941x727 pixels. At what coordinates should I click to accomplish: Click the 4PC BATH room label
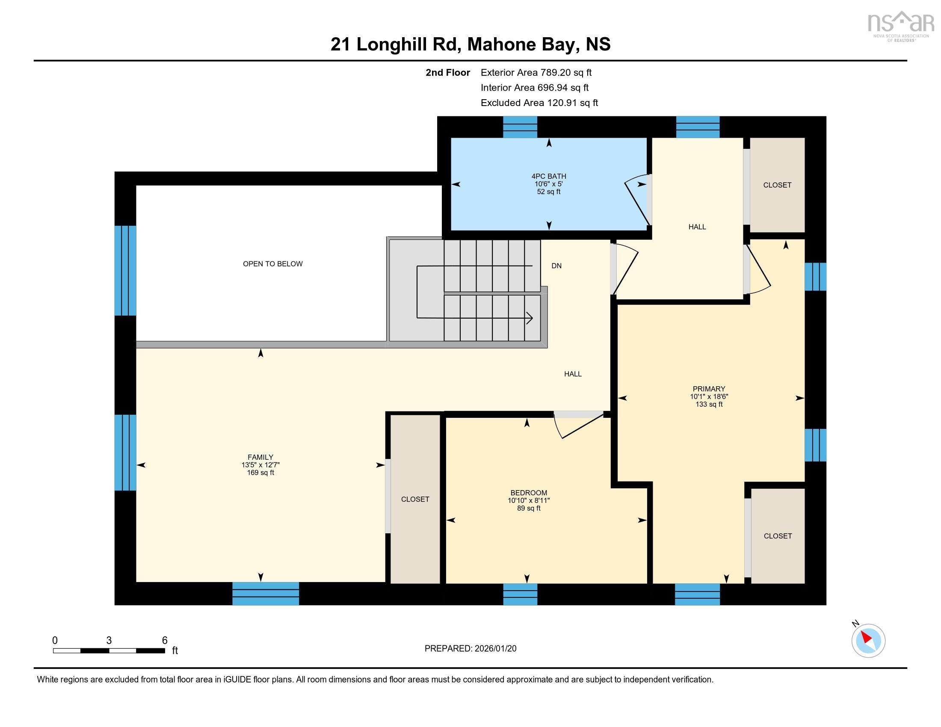548,176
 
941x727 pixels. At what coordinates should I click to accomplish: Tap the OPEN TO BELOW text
273,263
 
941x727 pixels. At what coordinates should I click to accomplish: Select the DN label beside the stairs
556,266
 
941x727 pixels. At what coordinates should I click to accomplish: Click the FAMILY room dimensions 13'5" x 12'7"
260,465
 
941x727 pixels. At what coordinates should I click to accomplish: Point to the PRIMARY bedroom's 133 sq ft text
709,405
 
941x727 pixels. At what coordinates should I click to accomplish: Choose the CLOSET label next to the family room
415,499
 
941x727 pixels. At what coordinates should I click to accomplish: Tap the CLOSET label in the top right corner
777,185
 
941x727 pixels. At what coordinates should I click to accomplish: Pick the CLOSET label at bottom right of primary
777,536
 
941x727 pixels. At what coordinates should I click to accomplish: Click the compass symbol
868,641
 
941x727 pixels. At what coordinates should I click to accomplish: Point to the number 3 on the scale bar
109,641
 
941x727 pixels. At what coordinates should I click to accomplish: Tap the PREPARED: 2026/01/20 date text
470,649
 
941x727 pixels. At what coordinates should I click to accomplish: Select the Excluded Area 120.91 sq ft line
539,103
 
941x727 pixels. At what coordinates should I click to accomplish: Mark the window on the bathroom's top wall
520,127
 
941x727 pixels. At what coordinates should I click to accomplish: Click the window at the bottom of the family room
266,594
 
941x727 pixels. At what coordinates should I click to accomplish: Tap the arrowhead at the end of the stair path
530,319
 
